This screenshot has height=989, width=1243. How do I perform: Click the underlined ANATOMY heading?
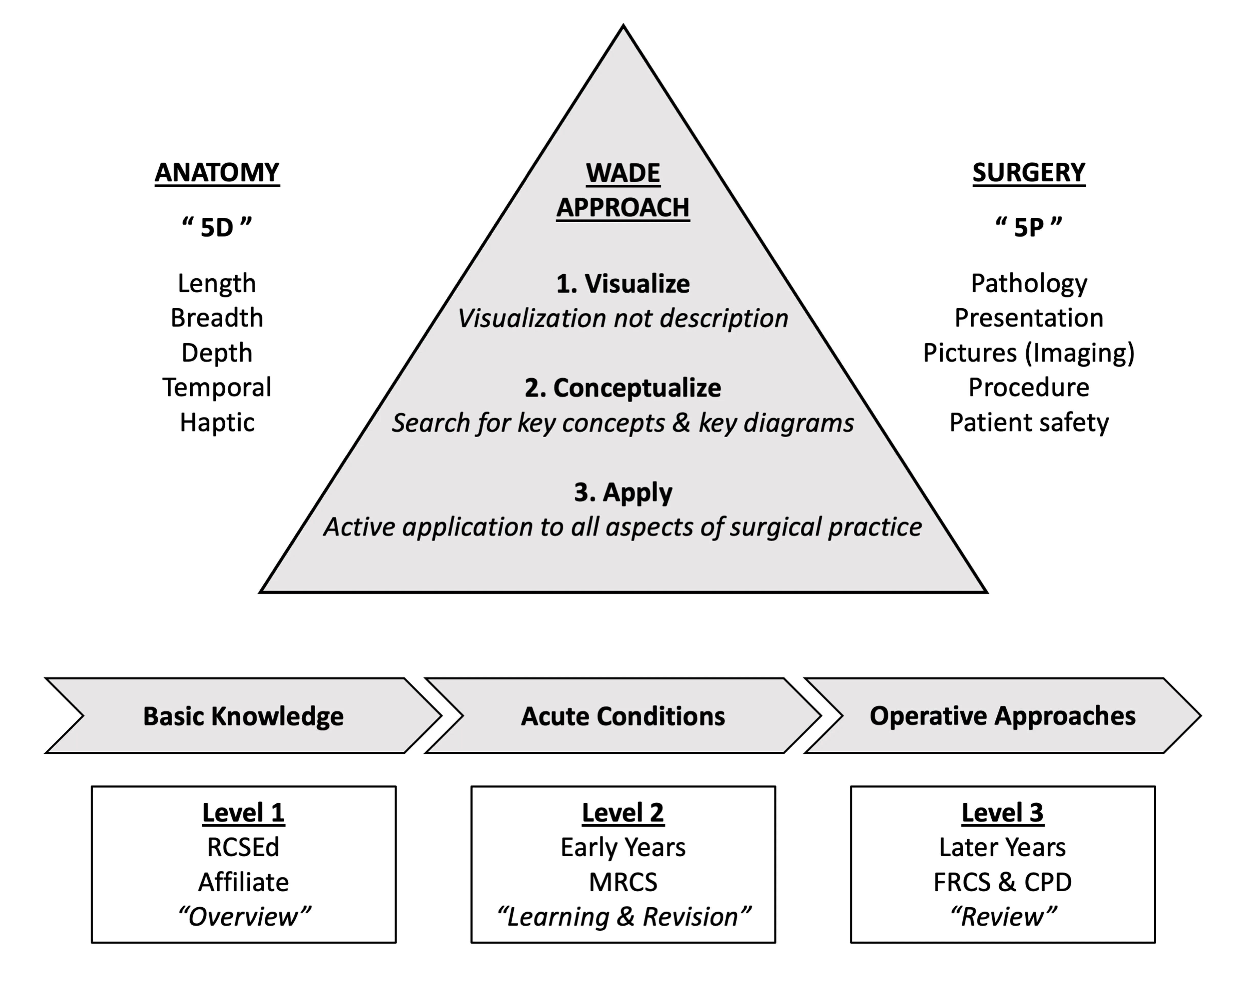point(217,173)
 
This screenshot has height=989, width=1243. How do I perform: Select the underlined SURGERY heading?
point(1029,173)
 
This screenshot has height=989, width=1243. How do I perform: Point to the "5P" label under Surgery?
point(1029,227)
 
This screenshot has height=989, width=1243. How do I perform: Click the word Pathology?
point(1029,284)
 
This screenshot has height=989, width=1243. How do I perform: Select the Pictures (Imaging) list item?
point(1029,353)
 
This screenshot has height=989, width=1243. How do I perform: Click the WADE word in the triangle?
point(623,173)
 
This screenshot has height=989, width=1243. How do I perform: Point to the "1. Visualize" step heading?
point(623,284)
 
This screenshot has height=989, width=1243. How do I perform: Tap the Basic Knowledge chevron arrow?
point(243,716)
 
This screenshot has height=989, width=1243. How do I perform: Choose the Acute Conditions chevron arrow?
point(623,716)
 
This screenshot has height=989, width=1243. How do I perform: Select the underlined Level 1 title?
point(243,812)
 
